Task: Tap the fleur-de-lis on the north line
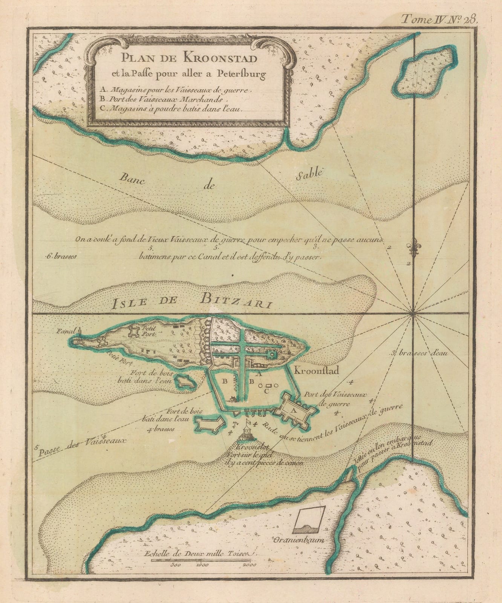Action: (414, 249)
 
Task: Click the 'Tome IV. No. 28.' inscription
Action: (439, 18)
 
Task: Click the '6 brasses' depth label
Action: (60, 256)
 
